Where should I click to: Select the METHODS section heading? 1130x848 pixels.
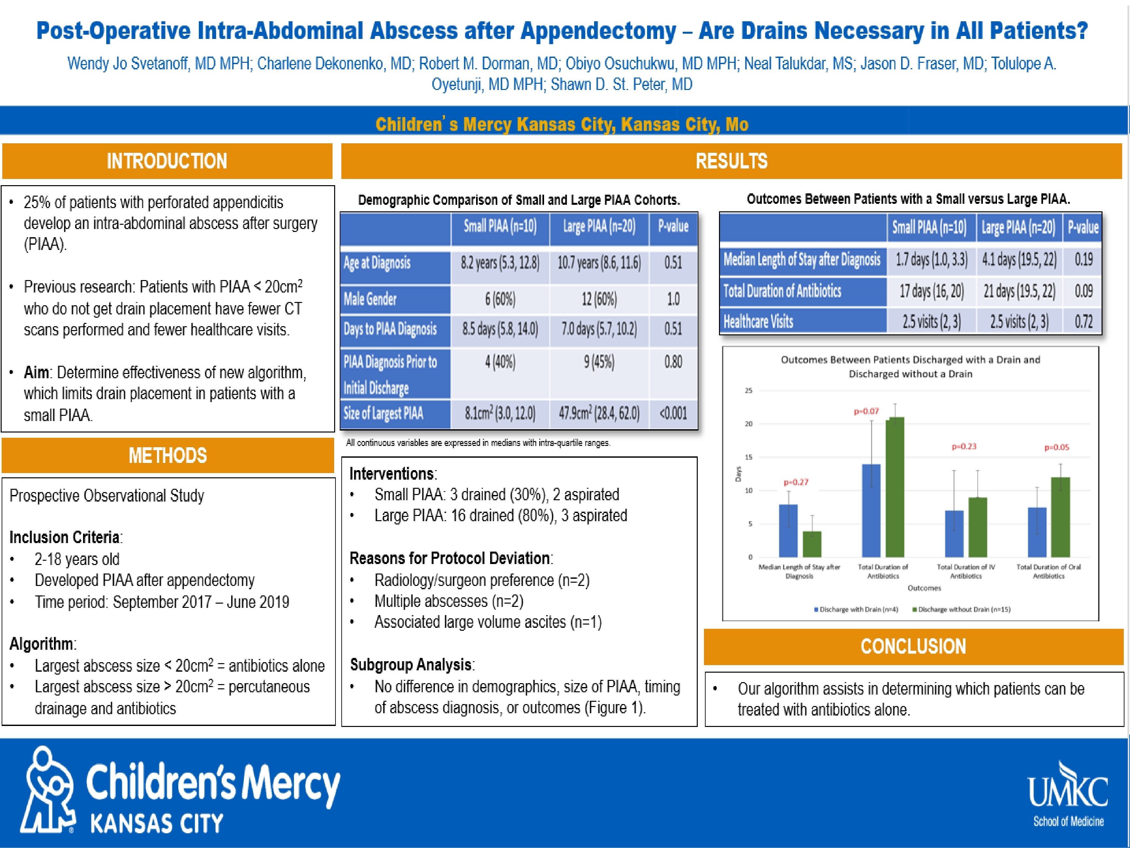[x=167, y=455]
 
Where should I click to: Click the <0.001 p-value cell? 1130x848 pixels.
[x=673, y=414]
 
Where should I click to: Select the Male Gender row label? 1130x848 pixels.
[x=370, y=299]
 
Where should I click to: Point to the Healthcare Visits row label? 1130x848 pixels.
[x=759, y=322]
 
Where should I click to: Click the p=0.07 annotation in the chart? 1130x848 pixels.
[x=866, y=411]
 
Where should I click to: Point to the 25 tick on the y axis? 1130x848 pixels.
[x=748, y=391]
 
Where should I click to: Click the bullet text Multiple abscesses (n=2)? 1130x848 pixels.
[x=449, y=601]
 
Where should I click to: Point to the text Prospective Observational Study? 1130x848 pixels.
[x=107, y=495]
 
